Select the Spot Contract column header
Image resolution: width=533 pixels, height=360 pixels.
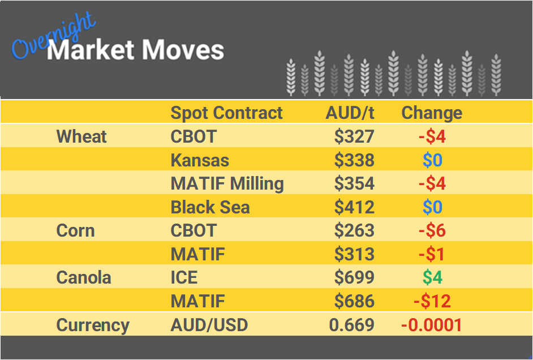[226, 113]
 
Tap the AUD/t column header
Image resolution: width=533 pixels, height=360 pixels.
[350, 113]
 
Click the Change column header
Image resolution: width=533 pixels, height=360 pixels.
[432, 113]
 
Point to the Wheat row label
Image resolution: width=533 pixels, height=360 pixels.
[81, 136]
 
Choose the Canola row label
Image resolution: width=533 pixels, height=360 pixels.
[84, 278]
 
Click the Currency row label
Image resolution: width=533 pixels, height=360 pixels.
[93, 325]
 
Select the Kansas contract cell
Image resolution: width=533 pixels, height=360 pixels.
[200, 160]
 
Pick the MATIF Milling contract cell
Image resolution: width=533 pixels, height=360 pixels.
[227, 183]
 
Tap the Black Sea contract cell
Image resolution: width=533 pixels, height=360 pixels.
[210, 207]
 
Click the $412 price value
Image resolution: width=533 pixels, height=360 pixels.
[354, 207]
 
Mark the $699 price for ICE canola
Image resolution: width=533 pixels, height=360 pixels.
[354, 278]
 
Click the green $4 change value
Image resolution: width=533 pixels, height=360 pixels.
[432, 278]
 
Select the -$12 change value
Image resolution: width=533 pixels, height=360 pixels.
[432, 301]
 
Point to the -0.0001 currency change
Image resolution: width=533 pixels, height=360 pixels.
[431, 325]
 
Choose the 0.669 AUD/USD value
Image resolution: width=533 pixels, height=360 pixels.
[351, 325]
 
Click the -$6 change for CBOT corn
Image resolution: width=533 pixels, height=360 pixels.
[432, 231]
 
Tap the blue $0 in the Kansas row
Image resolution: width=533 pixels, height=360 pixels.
[432, 160]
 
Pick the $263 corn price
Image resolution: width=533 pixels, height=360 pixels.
[354, 231]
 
